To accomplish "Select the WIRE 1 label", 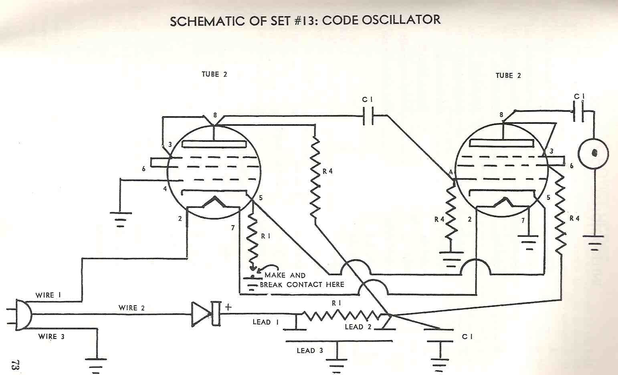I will point(48,295).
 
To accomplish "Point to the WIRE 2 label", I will point(131,308).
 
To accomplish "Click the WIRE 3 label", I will point(51,337).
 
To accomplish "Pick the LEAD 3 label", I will point(310,351).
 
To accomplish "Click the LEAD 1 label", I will point(266,322).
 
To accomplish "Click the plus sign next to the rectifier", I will point(228,307).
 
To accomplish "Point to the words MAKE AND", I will point(285,275).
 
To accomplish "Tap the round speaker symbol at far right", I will point(594,153).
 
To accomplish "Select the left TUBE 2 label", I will point(214,74).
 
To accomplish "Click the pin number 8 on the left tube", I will point(215,115).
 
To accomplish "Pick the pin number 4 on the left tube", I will point(165,188).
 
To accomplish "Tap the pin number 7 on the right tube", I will point(523,221).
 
